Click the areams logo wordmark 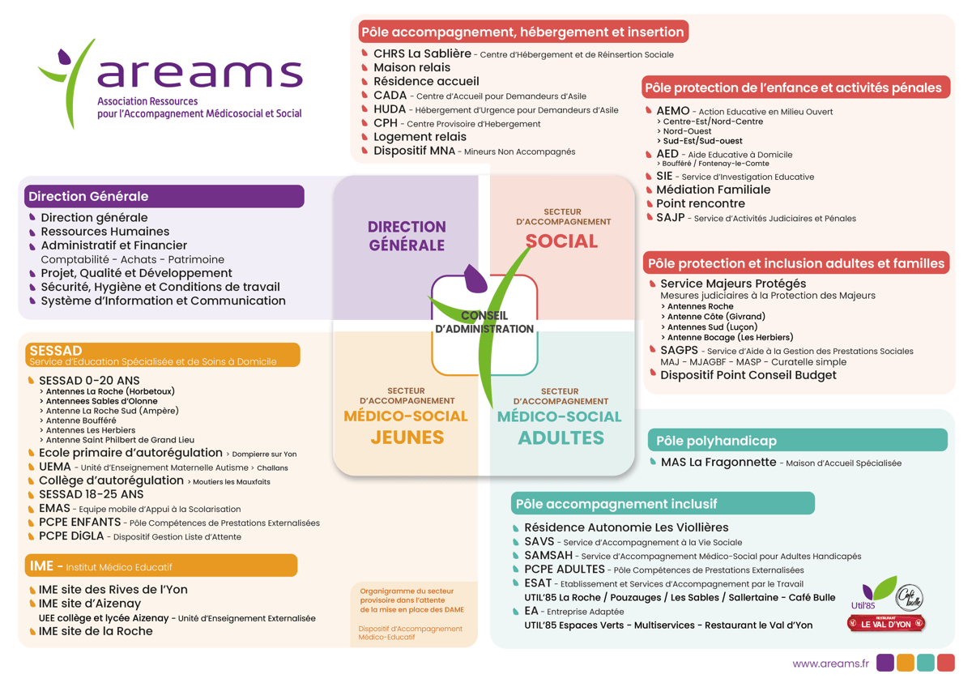tap(199, 74)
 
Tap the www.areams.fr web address tap(830, 664)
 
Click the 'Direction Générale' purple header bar tap(162, 196)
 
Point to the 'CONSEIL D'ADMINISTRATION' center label tap(484, 322)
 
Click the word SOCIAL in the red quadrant tap(561, 241)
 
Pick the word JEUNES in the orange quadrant tap(407, 437)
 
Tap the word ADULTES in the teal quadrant tap(561, 438)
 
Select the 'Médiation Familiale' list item tap(713, 190)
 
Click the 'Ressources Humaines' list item tap(105, 232)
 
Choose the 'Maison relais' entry tap(411, 68)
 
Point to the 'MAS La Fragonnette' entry tap(718, 463)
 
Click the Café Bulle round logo tap(910, 599)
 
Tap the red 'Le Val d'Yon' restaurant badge tap(885, 624)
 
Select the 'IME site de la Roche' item tap(96, 631)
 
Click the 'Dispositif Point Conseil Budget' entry tap(748, 375)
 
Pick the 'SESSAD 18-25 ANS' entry tap(91, 494)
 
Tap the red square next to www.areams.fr tap(945, 663)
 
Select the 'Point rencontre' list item tap(700, 203)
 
